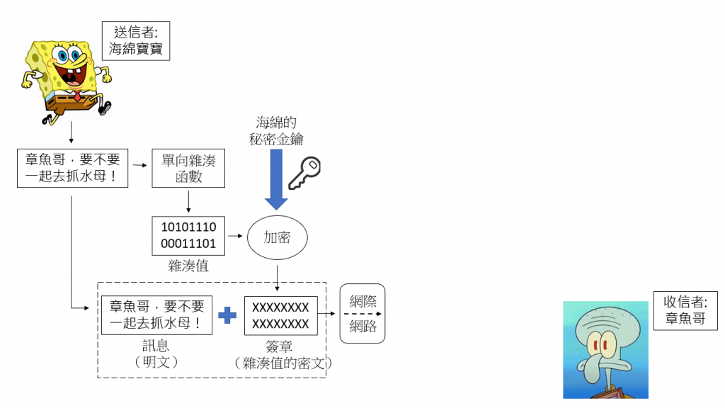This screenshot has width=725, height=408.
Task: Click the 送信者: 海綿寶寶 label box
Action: (137, 41)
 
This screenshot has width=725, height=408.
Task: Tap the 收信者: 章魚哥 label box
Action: (685, 310)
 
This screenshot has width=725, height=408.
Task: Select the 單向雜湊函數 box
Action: (188, 168)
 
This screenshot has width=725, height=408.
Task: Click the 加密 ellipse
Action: (277, 237)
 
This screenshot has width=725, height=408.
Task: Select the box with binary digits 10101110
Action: (188, 236)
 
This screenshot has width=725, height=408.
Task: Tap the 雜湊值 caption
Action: (188, 266)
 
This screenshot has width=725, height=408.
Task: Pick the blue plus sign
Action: (227, 315)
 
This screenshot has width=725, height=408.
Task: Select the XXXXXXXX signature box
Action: (280, 316)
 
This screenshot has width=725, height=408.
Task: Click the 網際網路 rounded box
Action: (362, 313)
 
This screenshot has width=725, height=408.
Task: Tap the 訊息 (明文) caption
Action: (156, 352)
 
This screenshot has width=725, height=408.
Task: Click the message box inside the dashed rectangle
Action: (156, 315)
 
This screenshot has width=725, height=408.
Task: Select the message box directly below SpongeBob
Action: (72, 168)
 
